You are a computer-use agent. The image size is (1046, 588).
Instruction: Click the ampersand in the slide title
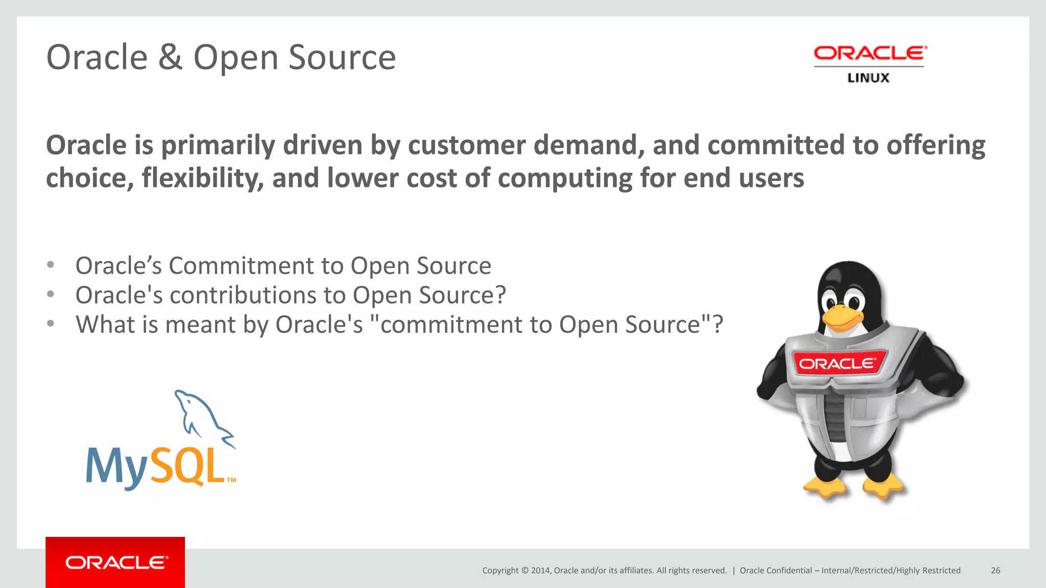pyautogui.click(x=170, y=57)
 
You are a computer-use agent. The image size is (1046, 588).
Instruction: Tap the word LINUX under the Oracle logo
pyautogui.click(x=868, y=78)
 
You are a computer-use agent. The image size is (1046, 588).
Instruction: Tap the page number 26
pyautogui.click(x=995, y=571)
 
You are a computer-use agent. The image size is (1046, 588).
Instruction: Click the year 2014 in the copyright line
pyautogui.click(x=540, y=571)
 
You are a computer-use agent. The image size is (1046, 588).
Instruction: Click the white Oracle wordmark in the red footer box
pyautogui.click(x=116, y=562)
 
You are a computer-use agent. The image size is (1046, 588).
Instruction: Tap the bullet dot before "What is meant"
pyautogui.click(x=50, y=324)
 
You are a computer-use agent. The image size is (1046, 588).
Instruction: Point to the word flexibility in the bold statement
pyautogui.click(x=202, y=178)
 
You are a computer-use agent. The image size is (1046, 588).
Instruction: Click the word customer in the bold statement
pyautogui.click(x=466, y=145)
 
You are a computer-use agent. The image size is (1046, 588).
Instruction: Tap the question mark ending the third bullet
pyautogui.click(x=718, y=325)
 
